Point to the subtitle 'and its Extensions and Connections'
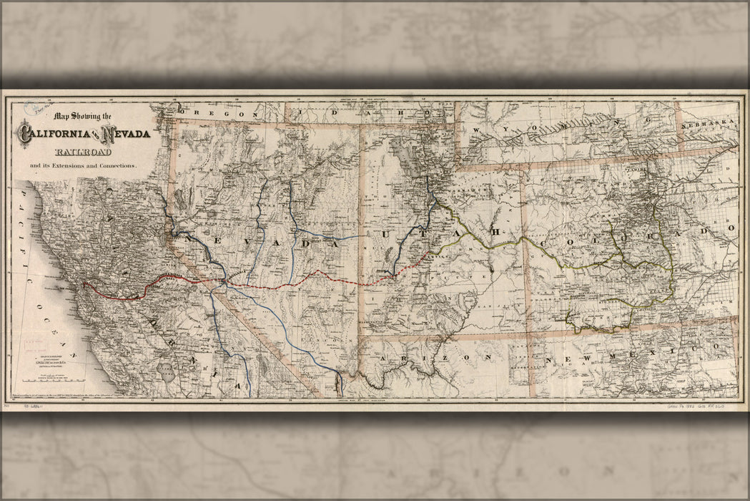pyautogui.click(x=82, y=166)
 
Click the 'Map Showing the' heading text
pyautogui.click(x=84, y=117)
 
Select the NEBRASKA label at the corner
pyautogui.click(x=709, y=124)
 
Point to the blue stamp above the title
pyautogui.click(x=32, y=108)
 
